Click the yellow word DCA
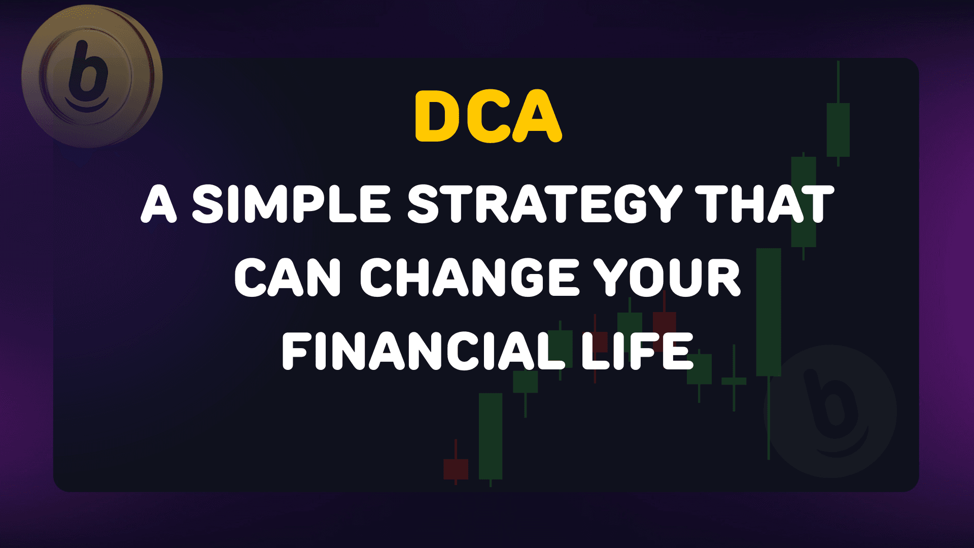pos(488,117)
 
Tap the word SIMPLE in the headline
pos(291,204)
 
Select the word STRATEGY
pos(545,204)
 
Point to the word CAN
pos(287,278)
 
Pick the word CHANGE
pos(469,278)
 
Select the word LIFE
pos(637,351)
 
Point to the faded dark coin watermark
pos(830,411)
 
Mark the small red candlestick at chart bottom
pos(456,469)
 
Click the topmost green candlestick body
pos(838,130)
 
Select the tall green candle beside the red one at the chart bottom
pos(491,436)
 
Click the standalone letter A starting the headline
pos(159,204)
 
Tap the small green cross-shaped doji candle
pos(734,381)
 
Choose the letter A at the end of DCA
pos(537,117)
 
